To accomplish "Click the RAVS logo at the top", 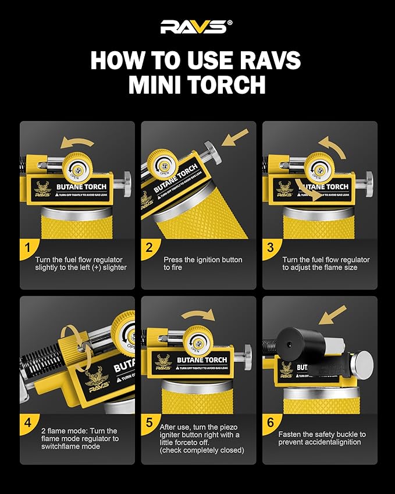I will click(197, 26).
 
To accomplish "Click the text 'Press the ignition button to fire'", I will click(203, 264).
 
